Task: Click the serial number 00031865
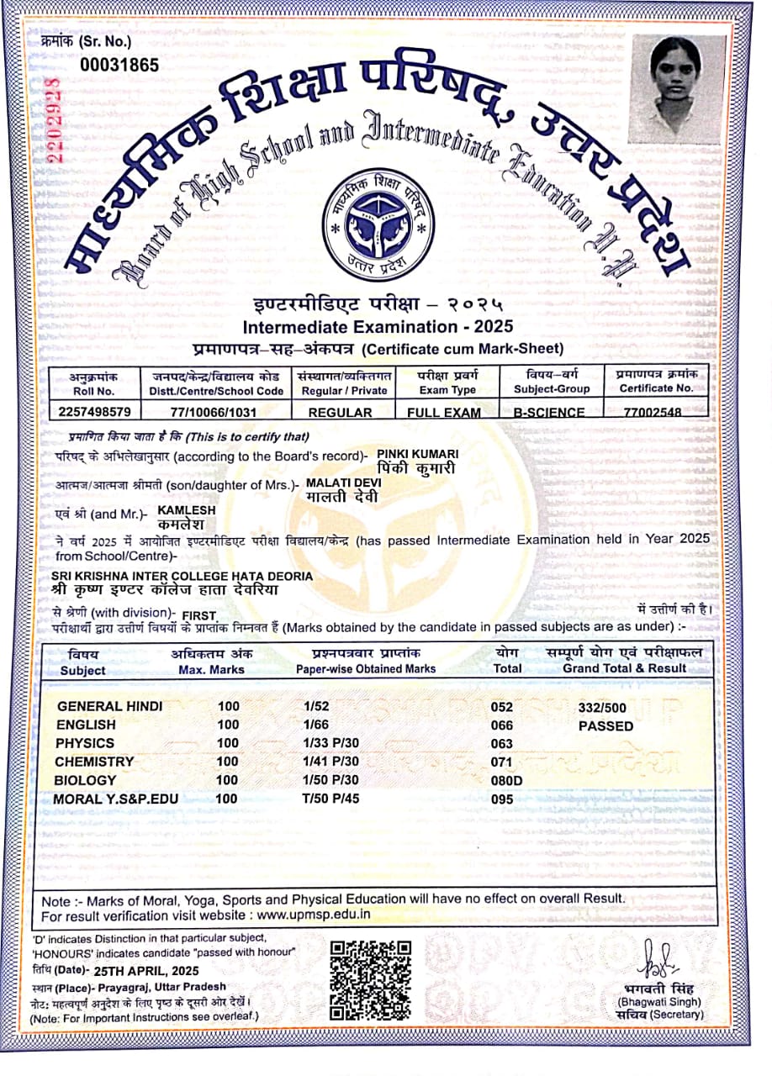tap(119, 64)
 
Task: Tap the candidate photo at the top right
tap(677, 88)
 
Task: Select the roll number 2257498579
tap(96, 413)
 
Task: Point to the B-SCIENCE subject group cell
tap(548, 413)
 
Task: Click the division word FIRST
tap(199, 616)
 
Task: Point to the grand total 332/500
tap(602, 709)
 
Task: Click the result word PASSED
tap(605, 726)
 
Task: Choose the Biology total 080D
tap(506, 781)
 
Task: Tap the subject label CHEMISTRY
tap(94, 762)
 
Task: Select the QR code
tap(371, 979)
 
